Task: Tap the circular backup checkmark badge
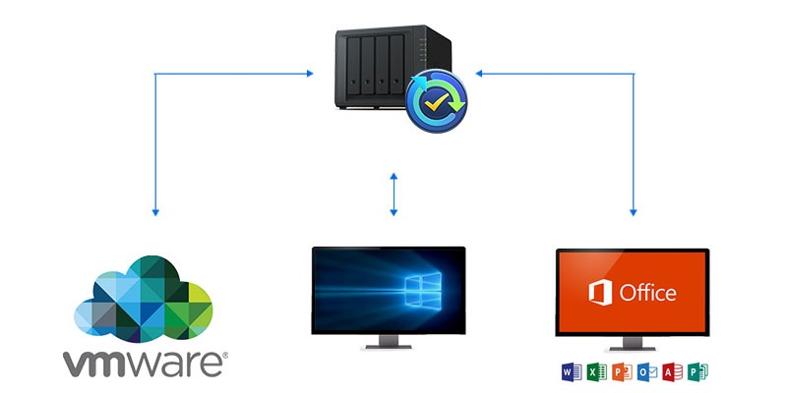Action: [436, 101]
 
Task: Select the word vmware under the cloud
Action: [145, 363]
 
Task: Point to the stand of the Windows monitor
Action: [389, 341]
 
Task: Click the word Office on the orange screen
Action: [647, 292]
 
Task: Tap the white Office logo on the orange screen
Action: [600, 292]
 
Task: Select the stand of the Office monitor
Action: [633, 343]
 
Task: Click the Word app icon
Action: [572, 372]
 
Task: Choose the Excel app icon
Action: [597, 372]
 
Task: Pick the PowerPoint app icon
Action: [622, 372]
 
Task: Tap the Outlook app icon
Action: [647, 372]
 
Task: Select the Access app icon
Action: [673, 372]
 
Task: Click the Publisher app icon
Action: [697, 372]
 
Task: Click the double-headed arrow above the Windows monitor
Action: [393, 195]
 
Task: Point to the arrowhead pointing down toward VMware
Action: [155, 212]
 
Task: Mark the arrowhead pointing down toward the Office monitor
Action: [633, 212]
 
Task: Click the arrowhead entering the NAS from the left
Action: [310, 74]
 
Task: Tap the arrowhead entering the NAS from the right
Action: [479, 74]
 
